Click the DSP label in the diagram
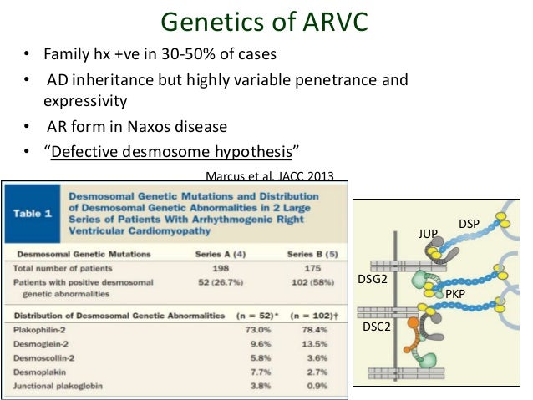469,225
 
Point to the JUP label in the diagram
427,235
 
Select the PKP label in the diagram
454,295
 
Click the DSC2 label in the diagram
376,328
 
